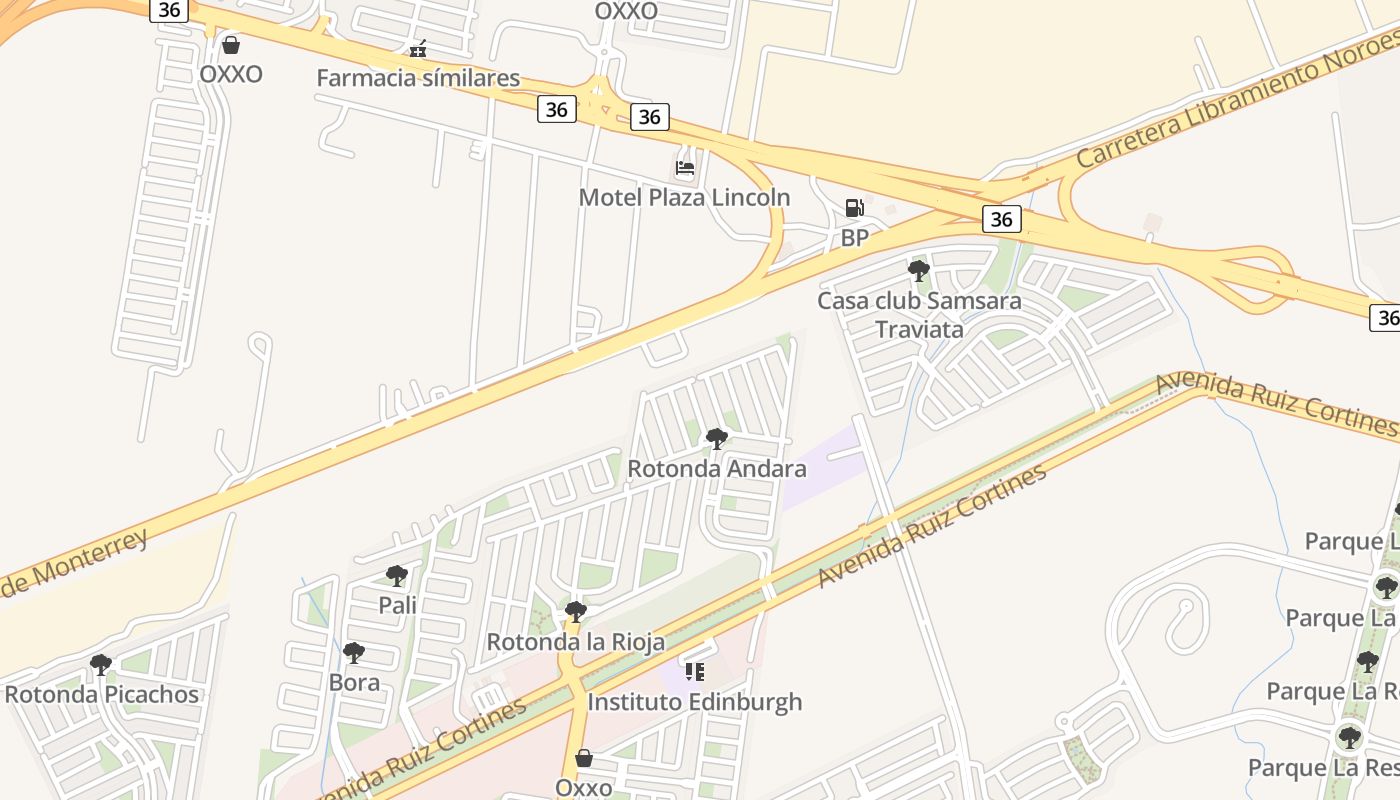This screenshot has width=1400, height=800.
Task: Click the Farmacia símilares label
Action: click(418, 78)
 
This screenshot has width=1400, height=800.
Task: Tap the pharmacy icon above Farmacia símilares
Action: click(418, 48)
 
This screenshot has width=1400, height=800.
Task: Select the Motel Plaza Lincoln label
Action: click(684, 197)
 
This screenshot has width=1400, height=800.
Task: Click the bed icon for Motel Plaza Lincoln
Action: click(685, 167)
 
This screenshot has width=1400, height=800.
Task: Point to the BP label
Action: click(854, 238)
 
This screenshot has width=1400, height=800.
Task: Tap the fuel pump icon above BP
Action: click(854, 208)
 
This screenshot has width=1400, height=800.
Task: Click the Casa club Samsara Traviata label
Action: click(919, 315)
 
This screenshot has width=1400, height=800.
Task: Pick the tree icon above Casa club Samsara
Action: click(918, 270)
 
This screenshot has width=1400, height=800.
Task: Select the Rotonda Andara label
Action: click(716, 468)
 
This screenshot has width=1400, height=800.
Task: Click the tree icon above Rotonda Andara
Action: click(716, 438)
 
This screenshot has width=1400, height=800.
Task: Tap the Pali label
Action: click(397, 605)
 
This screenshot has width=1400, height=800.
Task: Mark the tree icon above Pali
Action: click(397, 575)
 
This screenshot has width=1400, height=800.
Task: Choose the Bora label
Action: click(354, 682)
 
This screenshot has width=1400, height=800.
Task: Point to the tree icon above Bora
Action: click(353, 653)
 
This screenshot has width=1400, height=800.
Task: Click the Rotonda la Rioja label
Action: click(575, 642)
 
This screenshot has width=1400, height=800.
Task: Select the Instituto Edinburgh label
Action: click(694, 702)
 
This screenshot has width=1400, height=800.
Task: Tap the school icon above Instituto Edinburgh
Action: click(694, 671)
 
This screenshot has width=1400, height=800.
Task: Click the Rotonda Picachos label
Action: click(101, 694)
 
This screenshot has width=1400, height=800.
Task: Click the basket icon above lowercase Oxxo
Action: click(584, 758)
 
